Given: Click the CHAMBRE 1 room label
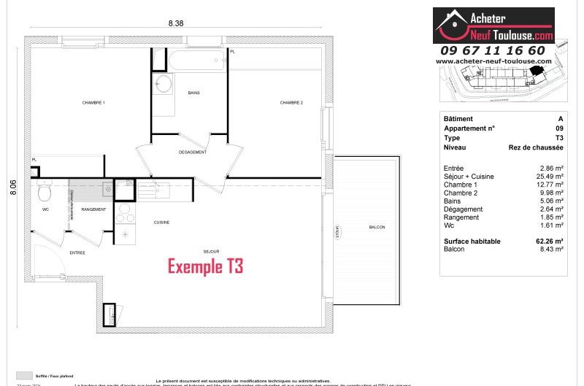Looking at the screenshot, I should [93, 103].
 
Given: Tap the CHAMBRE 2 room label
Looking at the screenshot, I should [291, 103].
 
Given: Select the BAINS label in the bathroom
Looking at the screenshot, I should [193, 93].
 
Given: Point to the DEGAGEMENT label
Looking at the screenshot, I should [193, 153].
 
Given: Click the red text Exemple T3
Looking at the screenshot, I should [205, 266].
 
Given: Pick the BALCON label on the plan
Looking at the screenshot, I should [377, 228].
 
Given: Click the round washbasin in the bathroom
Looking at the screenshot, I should [164, 83].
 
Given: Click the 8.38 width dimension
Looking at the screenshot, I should [175, 23].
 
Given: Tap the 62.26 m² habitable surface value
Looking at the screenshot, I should [549, 241].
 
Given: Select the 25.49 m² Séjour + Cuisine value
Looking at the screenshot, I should [550, 177].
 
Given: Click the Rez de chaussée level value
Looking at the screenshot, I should [536, 147].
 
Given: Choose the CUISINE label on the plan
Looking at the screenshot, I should [161, 222].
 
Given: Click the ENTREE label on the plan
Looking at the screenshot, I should [77, 252].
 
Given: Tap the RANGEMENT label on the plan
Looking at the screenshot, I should [93, 209].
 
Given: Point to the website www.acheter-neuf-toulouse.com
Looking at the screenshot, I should [493, 62].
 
